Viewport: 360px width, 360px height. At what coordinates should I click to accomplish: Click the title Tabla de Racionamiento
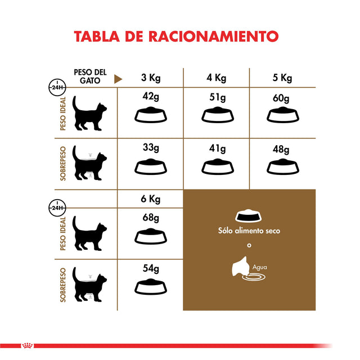point(176,36)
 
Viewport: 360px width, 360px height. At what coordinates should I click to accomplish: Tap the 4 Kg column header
point(217,78)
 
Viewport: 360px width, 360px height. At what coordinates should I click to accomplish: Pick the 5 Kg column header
point(282,78)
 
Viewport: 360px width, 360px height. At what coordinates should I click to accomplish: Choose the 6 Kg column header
point(150,199)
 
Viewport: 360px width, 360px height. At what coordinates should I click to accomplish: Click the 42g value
point(151,96)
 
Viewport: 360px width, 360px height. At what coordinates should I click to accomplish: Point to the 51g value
point(217,96)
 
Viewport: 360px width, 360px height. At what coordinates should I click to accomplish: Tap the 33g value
point(151,148)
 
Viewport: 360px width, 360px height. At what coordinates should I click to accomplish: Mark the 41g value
point(217,148)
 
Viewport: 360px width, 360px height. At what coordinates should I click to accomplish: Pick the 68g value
point(151,218)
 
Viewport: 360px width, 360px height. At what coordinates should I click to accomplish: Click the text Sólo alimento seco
point(249,231)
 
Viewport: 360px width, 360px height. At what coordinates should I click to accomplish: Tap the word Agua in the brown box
point(260,268)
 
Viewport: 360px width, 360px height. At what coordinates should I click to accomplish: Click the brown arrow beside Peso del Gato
point(118,79)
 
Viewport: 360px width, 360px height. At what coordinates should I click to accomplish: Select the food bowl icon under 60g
point(282,115)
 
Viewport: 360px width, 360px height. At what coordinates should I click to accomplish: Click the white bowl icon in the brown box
point(248,216)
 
